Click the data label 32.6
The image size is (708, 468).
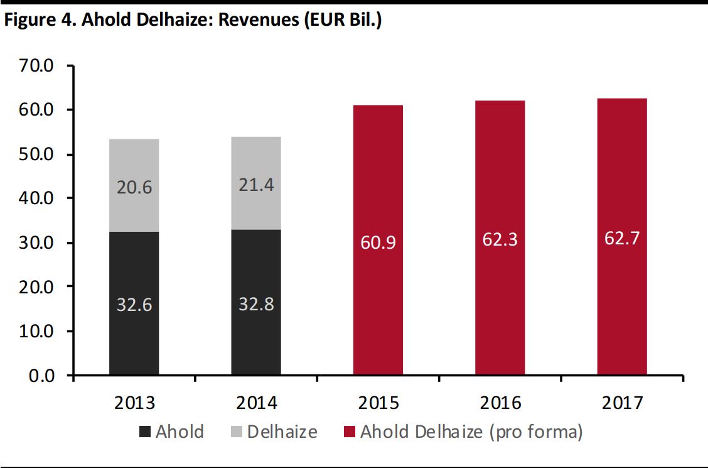tap(134, 305)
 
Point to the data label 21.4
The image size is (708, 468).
tap(255, 185)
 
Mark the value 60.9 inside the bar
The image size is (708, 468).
tap(378, 242)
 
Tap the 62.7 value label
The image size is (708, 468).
tap(621, 239)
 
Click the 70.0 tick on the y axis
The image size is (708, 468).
tap(40, 65)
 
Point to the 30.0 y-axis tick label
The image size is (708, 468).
tap(40, 242)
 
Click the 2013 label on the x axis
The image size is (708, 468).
tap(134, 402)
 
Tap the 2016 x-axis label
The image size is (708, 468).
tap(500, 402)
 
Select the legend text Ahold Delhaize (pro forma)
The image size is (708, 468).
tap(471, 432)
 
